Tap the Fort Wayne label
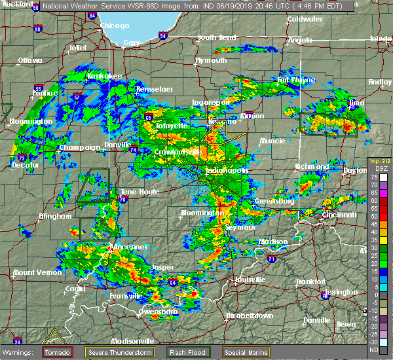click(x=291, y=81)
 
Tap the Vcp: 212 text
click(x=378, y=161)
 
